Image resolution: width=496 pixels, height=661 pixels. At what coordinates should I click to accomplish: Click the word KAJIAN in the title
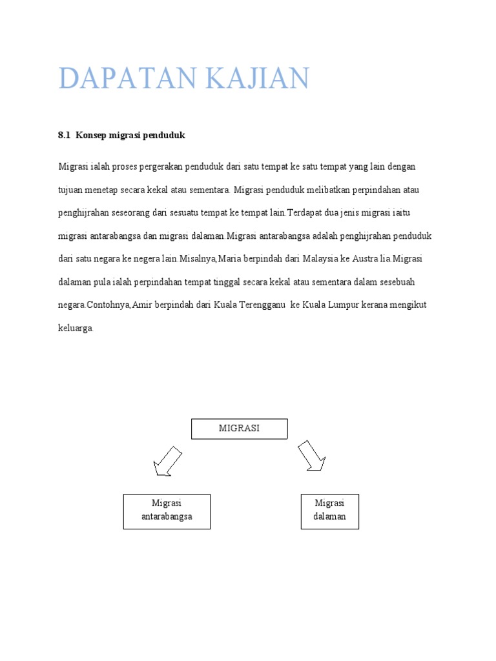pyautogui.click(x=257, y=79)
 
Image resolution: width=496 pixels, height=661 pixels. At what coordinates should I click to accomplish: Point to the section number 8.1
pyautogui.click(x=63, y=136)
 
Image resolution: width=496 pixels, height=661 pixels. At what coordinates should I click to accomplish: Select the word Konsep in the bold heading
pyautogui.click(x=90, y=136)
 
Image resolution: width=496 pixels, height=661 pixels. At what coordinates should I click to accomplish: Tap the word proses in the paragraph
pyautogui.click(x=127, y=167)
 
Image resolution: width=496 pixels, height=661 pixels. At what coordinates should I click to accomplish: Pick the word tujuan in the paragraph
pyautogui.click(x=70, y=190)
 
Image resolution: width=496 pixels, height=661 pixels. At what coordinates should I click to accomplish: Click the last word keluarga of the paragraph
pyautogui.click(x=76, y=328)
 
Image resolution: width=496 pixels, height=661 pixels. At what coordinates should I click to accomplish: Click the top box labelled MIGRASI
pyautogui.click(x=239, y=429)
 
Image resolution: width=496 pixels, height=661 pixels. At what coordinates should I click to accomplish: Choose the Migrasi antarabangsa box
pyautogui.click(x=167, y=511)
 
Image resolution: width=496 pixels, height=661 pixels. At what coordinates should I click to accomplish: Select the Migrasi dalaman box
pyautogui.click(x=329, y=511)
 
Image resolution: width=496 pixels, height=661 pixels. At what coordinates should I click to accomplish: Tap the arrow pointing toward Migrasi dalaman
pyautogui.click(x=311, y=456)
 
